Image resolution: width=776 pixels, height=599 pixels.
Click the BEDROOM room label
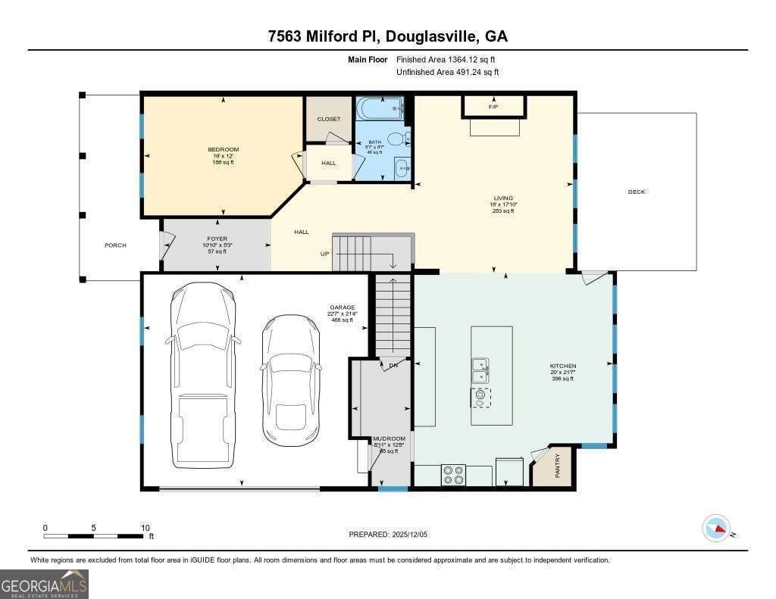224,149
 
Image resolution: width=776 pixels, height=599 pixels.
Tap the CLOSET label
329,119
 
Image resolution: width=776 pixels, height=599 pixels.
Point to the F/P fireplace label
493,107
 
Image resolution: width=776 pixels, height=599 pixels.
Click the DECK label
637,192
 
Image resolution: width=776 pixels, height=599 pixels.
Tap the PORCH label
115,245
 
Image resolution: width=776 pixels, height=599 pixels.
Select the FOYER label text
217,239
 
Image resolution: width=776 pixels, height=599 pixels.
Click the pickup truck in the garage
203,375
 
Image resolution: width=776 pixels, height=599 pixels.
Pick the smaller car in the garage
291,379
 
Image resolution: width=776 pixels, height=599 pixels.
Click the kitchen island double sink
480,370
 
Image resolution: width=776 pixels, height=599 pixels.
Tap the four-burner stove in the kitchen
454,475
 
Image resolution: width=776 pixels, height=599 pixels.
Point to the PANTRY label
557,466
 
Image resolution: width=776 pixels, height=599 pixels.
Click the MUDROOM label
389,438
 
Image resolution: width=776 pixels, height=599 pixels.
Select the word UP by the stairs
324,254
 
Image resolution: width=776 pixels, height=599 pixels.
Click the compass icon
716,528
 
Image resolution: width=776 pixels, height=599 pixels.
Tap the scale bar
94,536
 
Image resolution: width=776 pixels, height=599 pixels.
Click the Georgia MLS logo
44,584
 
